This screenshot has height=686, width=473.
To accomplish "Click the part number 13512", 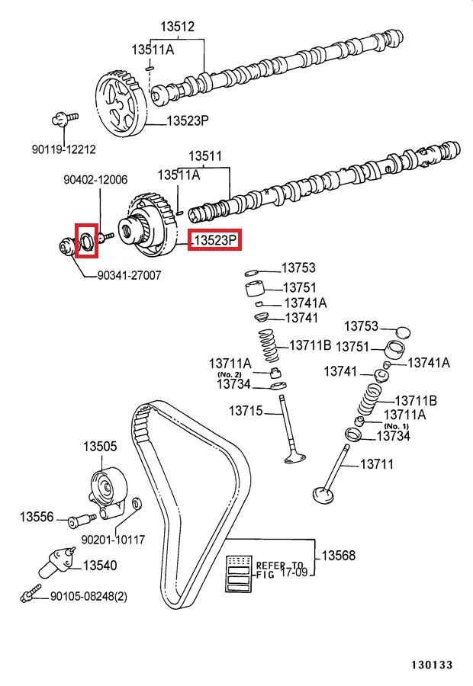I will pos(177,27).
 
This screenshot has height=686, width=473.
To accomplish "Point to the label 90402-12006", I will pos(95,180).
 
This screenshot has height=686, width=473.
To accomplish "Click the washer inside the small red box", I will pos(86,242).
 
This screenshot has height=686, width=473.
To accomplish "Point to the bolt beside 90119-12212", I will pos(63,119).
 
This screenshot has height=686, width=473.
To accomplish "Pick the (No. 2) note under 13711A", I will pos(230,375).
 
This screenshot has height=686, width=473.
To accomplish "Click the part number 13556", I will pos(37,518).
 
